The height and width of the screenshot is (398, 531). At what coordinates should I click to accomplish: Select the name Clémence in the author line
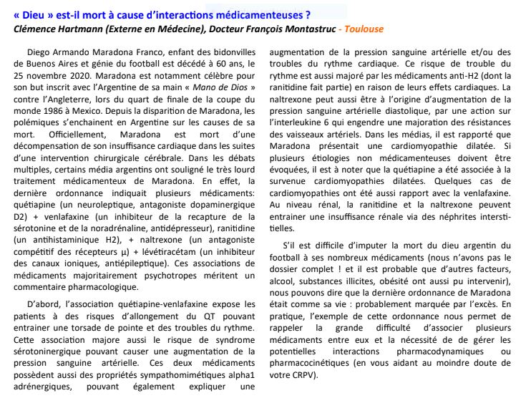[x=38, y=29]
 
